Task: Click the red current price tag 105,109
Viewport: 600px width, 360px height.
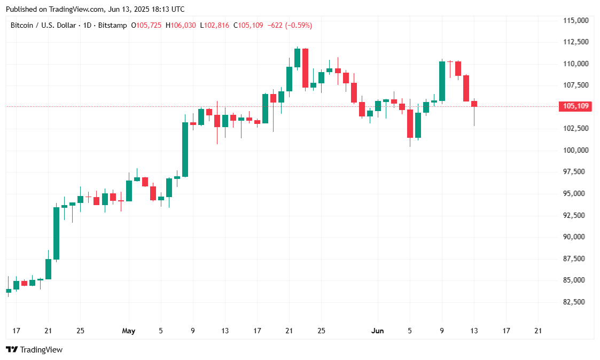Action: click(575, 106)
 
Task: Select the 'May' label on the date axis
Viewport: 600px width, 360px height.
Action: click(129, 331)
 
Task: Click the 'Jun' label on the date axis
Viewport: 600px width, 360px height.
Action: click(378, 331)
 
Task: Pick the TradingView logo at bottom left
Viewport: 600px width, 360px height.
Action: click(34, 350)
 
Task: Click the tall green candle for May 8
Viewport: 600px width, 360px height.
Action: click(185, 150)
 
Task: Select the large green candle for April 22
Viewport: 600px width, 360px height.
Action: click(56, 233)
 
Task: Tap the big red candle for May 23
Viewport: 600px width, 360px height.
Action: click(305, 68)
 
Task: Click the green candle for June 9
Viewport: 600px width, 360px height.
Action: click(442, 81)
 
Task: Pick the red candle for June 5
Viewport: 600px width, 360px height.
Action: click(410, 123)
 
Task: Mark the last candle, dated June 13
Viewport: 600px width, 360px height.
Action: click(474, 104)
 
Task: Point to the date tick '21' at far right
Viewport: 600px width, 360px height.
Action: click(538, 331)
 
